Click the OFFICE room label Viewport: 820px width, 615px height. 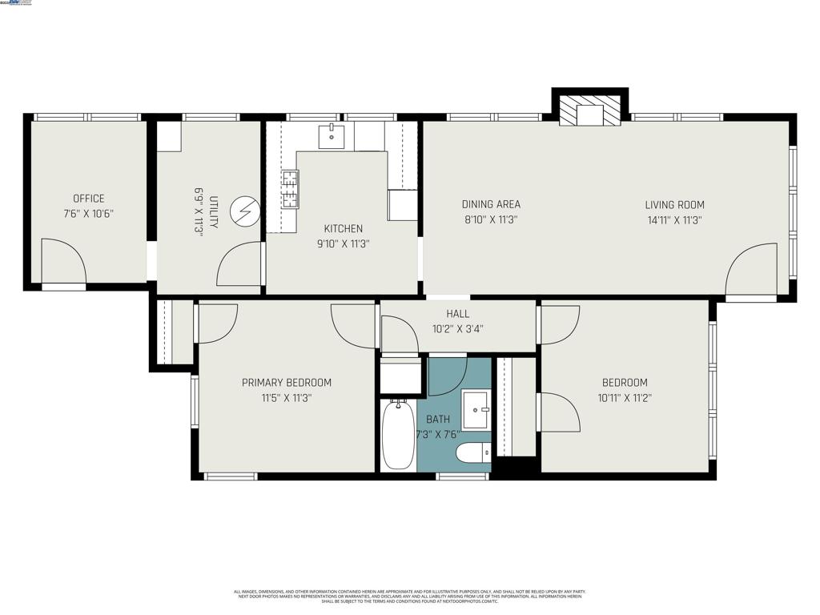point(88,199)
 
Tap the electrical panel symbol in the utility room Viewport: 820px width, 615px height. point(243,211)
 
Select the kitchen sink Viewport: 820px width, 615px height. point(331,137)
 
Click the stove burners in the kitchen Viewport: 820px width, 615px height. point(289,190)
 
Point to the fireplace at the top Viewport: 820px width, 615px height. point(590,111)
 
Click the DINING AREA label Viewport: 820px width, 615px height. point(491,204)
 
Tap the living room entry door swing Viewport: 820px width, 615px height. point(753,271)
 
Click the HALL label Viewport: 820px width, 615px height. point(457,314)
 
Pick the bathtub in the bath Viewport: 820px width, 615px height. point(398,434)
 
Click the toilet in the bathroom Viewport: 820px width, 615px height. point(472,453)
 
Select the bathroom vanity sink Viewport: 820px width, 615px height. point(476,410)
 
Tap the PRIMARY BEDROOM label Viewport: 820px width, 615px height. point(286,383)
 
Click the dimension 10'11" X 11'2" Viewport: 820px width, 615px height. point(625,397)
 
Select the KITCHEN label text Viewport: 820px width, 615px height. point(343,229)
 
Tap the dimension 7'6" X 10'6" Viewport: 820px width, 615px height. point(88,214)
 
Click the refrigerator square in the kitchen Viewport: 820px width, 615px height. point(403,205)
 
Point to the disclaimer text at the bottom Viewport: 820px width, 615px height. point(409,596)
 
